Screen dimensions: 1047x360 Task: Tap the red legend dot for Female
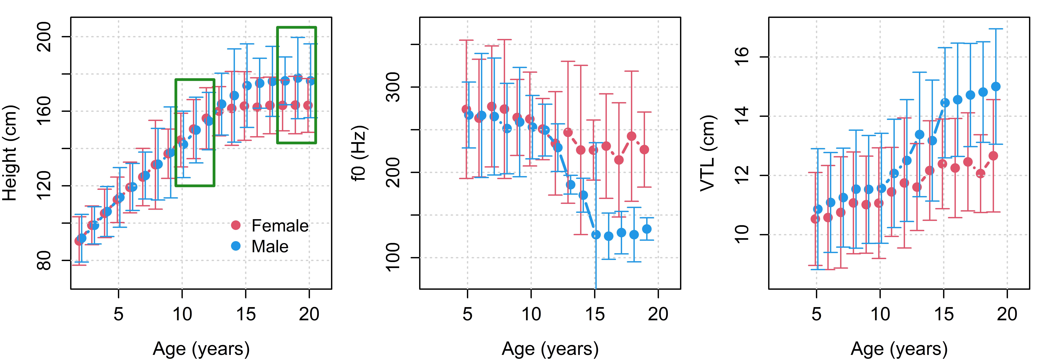pyautogui.click(x=236, y=225)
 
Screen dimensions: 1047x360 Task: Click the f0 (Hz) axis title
pyautogui.click(x=359, y=153)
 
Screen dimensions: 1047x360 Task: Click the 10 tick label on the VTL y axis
pyautogui.click(x=742, y=234)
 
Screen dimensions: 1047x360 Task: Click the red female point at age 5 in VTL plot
pyautogui.click(x=815, y=219)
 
